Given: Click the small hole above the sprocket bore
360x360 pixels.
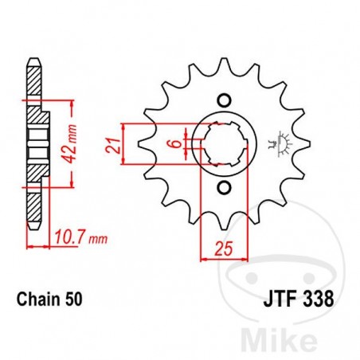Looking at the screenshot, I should pos(224,100).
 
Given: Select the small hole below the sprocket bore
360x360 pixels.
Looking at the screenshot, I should pos(224,189).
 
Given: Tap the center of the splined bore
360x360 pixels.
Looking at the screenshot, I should pos(224,144).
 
